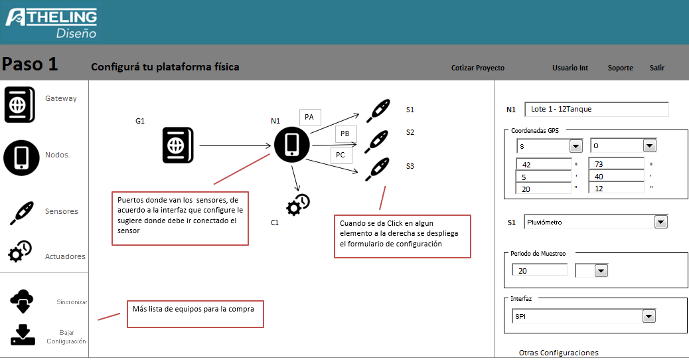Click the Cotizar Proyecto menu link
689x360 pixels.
point(477,68)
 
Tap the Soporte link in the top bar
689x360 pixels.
point(620,68)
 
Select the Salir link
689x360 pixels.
point(656,68)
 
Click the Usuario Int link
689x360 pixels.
point(570,68)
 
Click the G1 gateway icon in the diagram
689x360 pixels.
point(178,145)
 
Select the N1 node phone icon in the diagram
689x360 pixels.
point(291,145)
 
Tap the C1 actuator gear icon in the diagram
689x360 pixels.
point(297,205)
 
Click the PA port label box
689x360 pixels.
point(309,118)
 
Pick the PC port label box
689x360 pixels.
point(341,155)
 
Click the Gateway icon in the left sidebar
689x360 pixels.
point(20,104)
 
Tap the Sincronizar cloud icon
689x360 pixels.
point(23,301)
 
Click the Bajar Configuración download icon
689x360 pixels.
point(23,335)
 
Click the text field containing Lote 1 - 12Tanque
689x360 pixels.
point(596,110)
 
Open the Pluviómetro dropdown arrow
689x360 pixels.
point(660,222)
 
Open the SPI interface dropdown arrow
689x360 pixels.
point(649,317)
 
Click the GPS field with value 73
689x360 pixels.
point(616,164)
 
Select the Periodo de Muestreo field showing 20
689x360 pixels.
point(540,270)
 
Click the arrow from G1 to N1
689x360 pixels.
point(232,145)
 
